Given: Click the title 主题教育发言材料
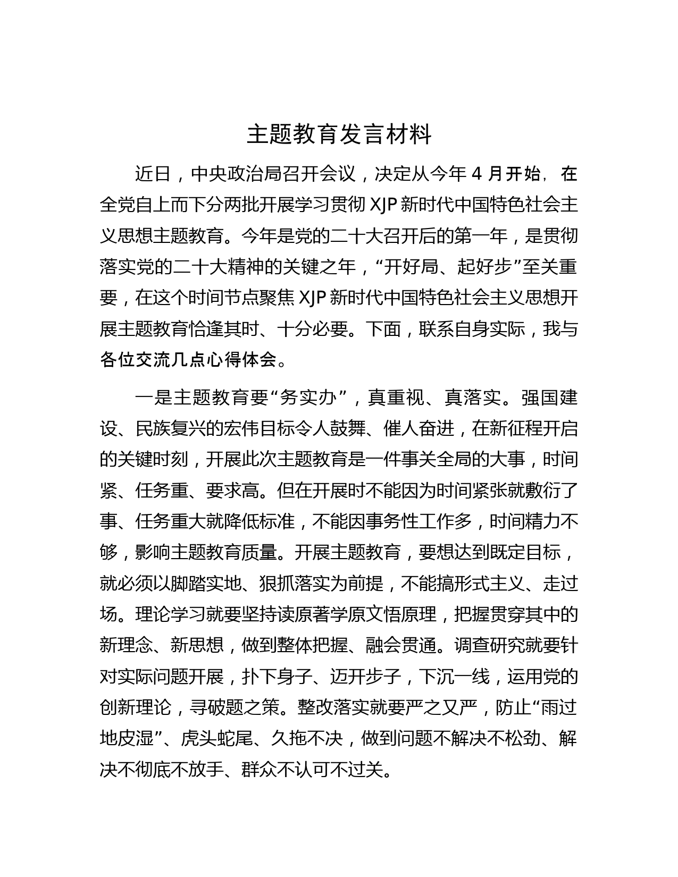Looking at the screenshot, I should [x=339, y=135].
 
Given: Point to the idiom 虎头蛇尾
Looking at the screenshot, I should [x=215, y=739].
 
